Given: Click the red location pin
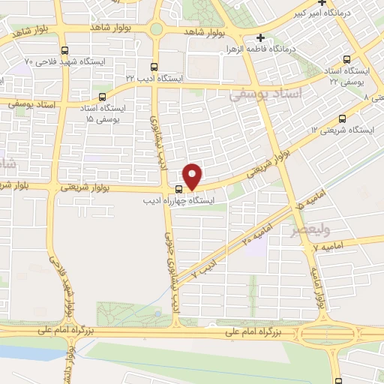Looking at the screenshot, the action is pos(193,175).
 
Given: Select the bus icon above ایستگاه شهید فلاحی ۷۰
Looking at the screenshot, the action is pos(64,51).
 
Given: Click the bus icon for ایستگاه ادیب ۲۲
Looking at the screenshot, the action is pos(154,67).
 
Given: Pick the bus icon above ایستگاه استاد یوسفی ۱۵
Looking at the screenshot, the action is pos(103,97).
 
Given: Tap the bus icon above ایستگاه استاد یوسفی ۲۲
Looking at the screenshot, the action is pos(346,58).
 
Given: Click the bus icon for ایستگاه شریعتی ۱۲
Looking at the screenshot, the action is pos(343,118).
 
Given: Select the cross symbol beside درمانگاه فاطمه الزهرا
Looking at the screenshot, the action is pos(259,37).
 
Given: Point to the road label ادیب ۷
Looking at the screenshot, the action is pos(203,267).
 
